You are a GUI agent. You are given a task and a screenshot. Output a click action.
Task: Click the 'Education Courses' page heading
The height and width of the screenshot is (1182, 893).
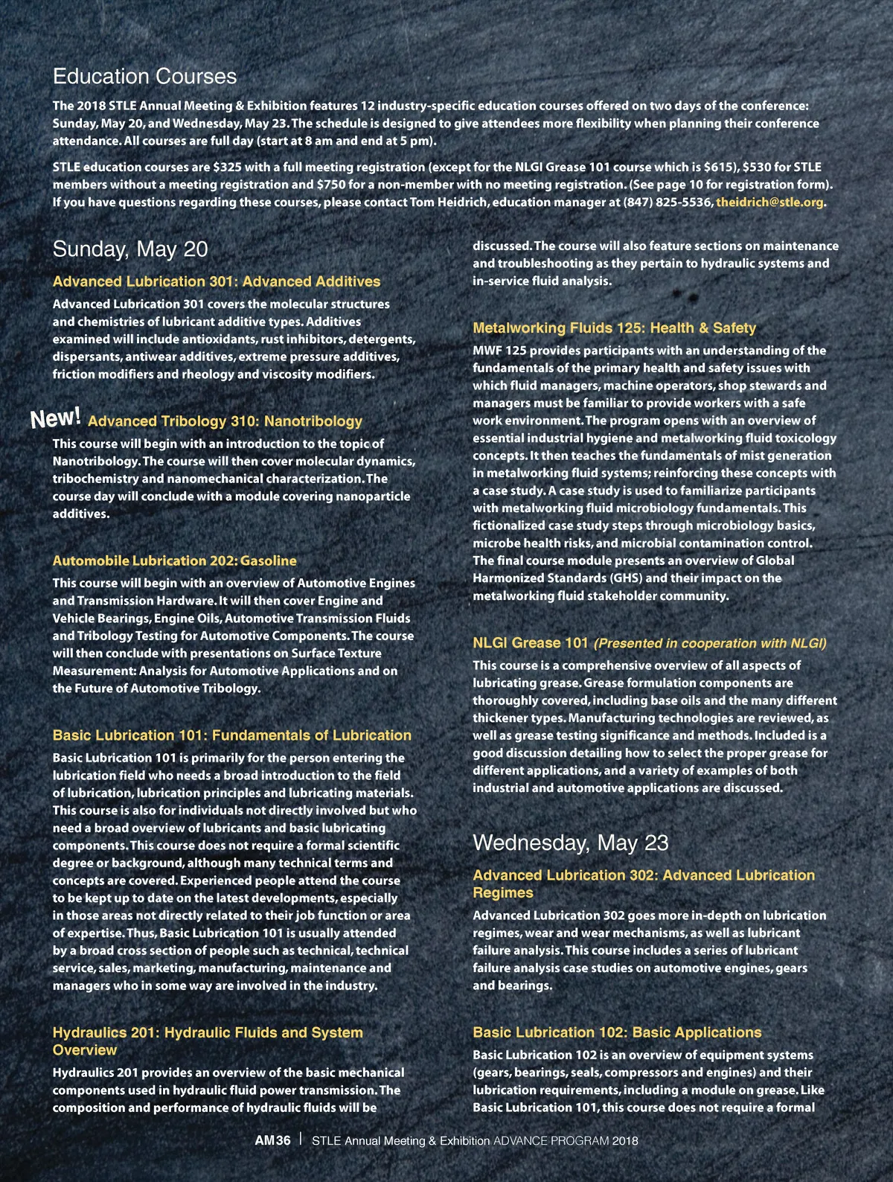(144, 77)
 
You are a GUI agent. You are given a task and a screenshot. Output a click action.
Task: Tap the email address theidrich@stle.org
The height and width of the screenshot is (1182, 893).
(769, 202)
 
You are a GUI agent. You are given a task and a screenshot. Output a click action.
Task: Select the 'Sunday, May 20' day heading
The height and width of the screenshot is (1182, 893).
(130, 249)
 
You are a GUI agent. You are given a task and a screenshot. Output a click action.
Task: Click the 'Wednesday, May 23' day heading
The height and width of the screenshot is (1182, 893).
(570, 843)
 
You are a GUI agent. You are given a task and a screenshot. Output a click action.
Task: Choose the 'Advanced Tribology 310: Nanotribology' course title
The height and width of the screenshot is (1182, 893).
(225, 421)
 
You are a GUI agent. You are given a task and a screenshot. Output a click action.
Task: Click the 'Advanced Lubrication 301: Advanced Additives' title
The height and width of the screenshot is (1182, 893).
(216, 281)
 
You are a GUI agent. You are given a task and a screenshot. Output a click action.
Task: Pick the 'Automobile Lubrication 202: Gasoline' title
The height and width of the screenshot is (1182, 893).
(174, 560)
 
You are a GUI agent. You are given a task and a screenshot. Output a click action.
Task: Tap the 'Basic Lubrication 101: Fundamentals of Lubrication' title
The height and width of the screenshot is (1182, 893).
(231, 735)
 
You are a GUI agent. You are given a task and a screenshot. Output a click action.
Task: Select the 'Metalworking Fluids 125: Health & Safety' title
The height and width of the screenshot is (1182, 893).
(614, 328)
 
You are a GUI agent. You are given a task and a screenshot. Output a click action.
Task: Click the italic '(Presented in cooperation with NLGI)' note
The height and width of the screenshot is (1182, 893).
(710, 643)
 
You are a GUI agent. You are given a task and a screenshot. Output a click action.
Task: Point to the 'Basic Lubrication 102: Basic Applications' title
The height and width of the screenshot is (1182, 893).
(617, 1032)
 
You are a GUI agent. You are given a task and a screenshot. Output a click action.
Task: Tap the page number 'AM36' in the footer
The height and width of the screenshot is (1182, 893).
(272, 1140)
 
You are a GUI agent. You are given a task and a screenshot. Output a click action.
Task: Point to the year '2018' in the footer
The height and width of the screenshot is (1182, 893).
(625, 1140)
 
